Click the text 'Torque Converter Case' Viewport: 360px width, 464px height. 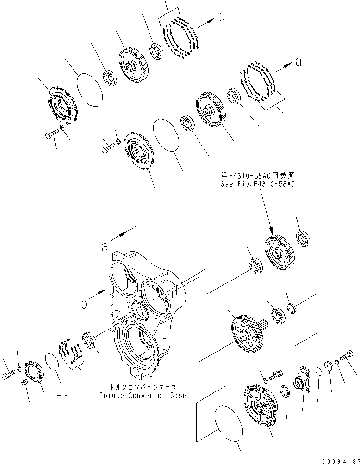coord(142,395)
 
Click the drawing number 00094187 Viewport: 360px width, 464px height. coord(336,459)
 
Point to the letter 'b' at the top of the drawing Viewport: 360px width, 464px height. coord(222,17)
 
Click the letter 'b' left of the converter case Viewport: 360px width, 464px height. coord(84,303)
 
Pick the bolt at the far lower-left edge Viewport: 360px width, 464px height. coord(8,377)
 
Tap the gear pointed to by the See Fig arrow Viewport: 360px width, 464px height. coord(278,252)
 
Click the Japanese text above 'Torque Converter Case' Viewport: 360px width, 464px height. coord(142,387)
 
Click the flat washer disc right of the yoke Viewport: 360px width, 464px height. coord(330,366)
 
